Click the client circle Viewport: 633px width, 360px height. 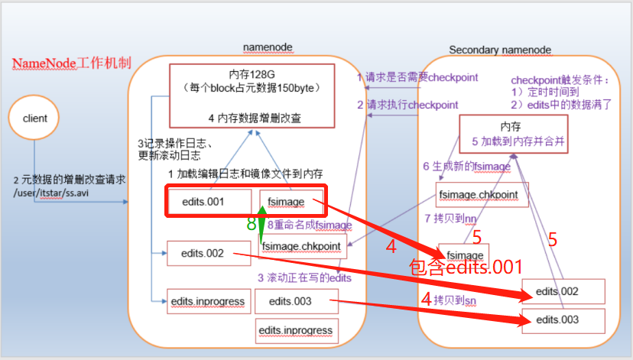click(35, 118)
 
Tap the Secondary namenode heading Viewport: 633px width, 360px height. click(499, 50)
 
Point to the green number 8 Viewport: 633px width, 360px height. click(250, 225)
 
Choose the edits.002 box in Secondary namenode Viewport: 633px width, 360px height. click(563, 291)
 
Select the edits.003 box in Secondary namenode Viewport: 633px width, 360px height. click(563, 319)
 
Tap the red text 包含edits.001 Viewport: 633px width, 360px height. click(466, 268)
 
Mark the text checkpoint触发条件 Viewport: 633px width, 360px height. click(560, 79)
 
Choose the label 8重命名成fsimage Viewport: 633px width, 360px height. click(310, 225)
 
